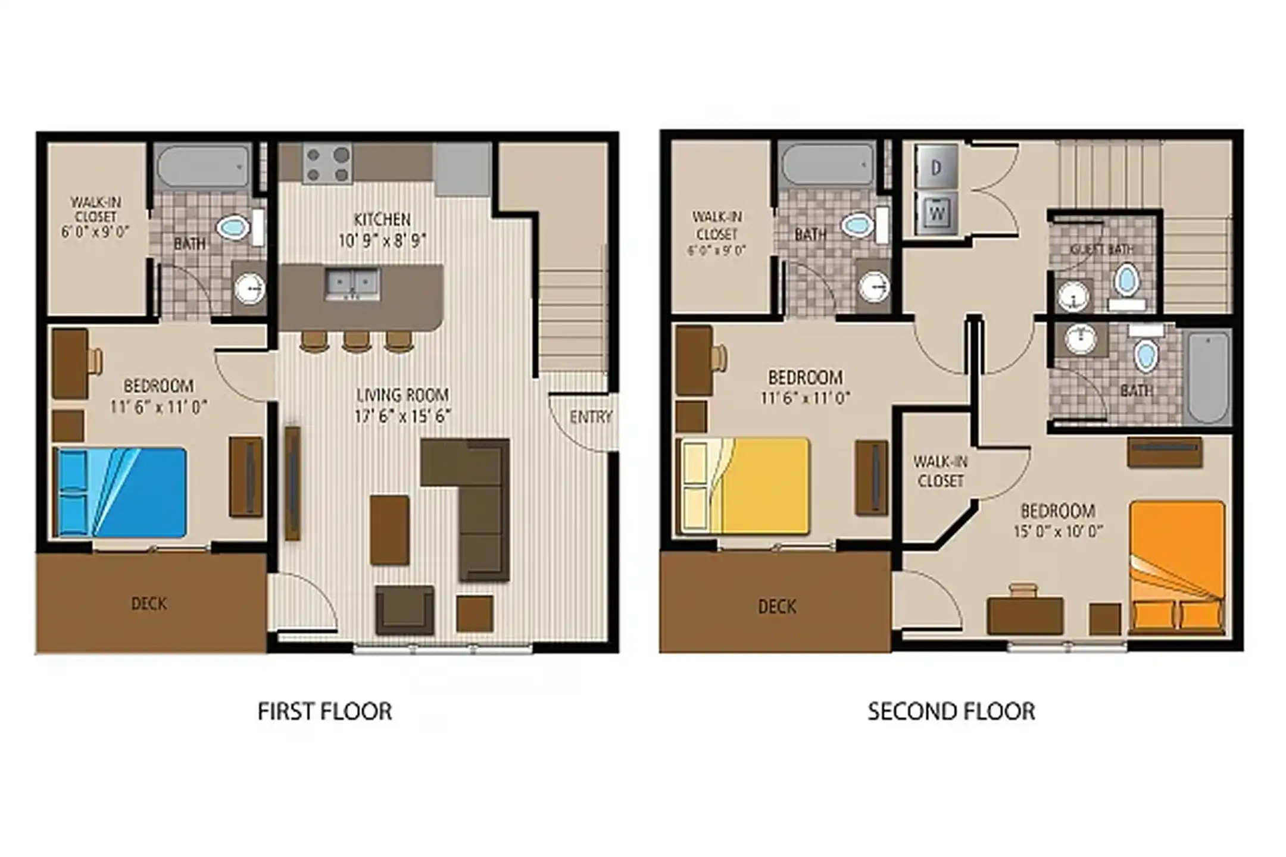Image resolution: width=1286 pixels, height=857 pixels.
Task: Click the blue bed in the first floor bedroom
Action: tap(121, 492)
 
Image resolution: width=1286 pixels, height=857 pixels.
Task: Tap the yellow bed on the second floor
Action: tap(744, 486)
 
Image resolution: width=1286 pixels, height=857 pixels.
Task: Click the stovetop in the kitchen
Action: tap(327, 164)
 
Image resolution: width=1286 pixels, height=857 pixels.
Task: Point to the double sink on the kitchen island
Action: tap(352, 283)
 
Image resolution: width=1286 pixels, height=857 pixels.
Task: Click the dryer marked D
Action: tap(936, 168)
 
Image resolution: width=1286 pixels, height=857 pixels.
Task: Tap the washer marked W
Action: tap(936, 212)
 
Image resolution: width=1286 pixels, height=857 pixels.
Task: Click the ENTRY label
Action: tap(590, 417)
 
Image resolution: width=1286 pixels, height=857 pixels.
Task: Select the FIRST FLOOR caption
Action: tap(324, 711)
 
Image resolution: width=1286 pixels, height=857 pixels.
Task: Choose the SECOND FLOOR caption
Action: tap(951, 711)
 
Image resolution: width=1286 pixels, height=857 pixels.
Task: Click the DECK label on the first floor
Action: tap(149, 603)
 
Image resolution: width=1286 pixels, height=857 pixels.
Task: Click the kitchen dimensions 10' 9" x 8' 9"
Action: tap(382, 241)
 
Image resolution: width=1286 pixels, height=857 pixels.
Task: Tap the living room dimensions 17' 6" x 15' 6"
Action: tap(402, 416)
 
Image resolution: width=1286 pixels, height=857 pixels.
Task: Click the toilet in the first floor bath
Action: tap(233, 227)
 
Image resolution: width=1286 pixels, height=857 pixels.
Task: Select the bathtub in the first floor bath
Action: tap(202, 166)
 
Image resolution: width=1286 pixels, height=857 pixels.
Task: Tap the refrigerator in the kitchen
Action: tap(462, 169)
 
